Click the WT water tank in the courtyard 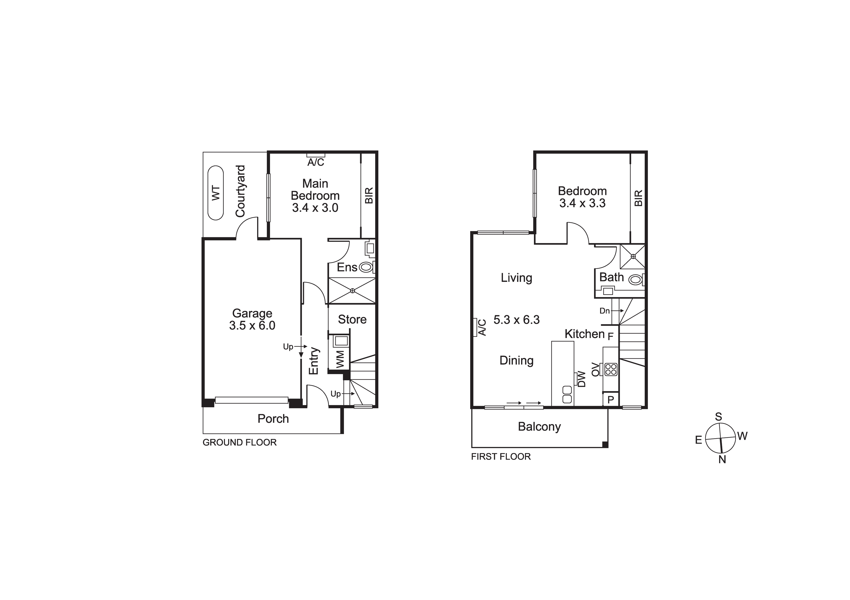point(215,193)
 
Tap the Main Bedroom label point(315,189)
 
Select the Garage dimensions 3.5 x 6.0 point(252,325)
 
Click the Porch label point(273,419)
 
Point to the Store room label point(352,319)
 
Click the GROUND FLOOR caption point(239,442)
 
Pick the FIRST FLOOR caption point(501,456)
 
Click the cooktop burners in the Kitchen point(611,369)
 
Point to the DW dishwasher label point(582,379)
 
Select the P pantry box point(611,400)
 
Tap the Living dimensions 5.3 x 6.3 point(517,320)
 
